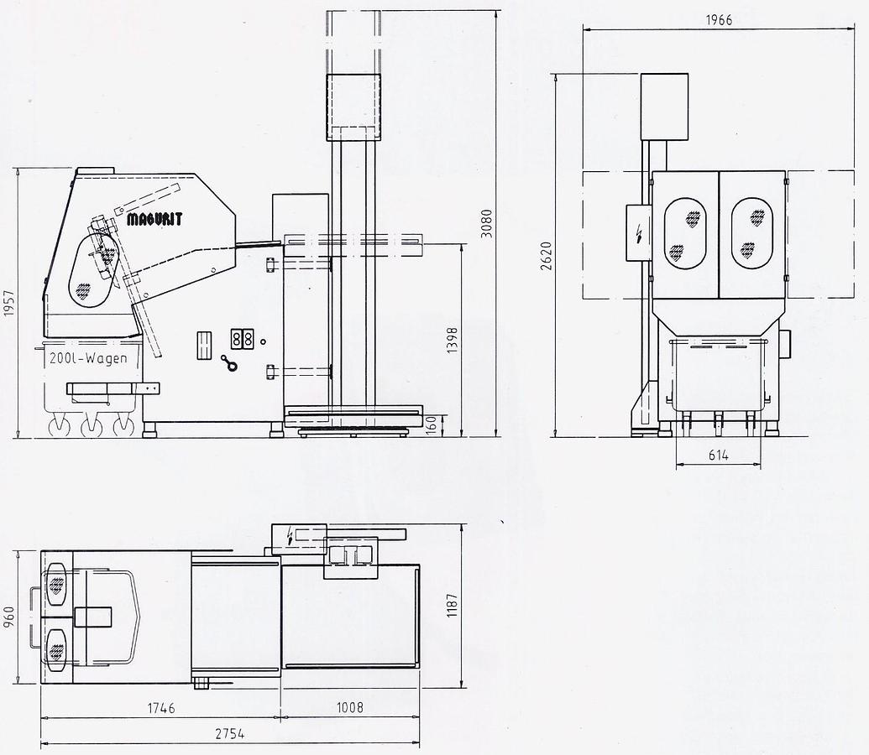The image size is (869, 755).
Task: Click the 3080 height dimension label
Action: click(x=486, y=223)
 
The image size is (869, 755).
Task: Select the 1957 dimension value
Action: click(x=8, y=303)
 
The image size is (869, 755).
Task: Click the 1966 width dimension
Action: click(x=718, y=20)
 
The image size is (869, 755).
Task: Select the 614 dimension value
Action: click(x=717, y=456)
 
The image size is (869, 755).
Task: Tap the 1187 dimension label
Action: click(x=453, y=606)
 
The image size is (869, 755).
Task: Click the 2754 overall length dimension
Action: click(x=229, y=733)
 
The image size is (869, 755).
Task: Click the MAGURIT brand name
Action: click(x=154, y=219)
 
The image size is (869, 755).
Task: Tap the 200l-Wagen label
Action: click(x=88, y=358)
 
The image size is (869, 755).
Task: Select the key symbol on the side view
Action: click(x=228, y=362)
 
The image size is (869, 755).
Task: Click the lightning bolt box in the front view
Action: click(x=639, y=232)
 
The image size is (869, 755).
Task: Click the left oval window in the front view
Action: click(x=685, y=233)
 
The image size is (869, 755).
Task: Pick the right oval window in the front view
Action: click(x=752, y=233)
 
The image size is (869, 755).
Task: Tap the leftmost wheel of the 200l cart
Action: click(x=59, y=428)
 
